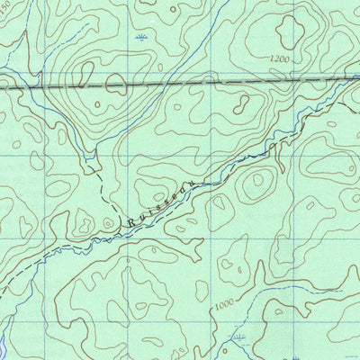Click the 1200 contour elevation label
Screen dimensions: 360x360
point(280,59)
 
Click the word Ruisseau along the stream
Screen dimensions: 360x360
point(162,202)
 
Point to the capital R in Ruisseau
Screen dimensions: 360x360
point(131,222)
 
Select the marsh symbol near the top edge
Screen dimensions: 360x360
point(139,37)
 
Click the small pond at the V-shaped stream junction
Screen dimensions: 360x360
point(90,165)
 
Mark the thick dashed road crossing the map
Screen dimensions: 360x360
point(180,84)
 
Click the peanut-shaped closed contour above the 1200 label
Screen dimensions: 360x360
point(286,31)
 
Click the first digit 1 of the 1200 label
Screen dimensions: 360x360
point(272,59)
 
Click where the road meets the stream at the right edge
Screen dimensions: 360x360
point(346,78)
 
